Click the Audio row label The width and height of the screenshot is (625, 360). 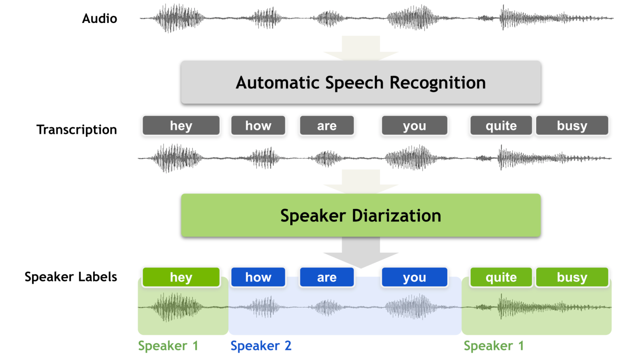coord(100,19)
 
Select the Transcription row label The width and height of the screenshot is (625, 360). coord(77,130)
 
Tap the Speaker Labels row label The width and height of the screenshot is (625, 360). coord(71,277)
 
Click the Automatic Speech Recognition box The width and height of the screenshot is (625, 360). coord(360,82)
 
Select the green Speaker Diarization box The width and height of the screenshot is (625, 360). coord(360,216)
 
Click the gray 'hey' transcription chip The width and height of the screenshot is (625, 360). coord(181,126)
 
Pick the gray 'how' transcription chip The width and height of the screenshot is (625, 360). coord(258,126)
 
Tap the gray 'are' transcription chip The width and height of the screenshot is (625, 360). coord(327,126)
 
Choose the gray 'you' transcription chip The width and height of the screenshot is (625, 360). coord(414,126)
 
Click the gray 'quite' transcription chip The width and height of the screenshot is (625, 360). coord(501,126)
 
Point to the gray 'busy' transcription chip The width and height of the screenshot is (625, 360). coord(572,126)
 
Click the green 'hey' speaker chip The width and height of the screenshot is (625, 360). coord(181,277)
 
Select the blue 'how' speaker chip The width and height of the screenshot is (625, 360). coord(258,277)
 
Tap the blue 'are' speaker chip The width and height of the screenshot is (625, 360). coord(327,277)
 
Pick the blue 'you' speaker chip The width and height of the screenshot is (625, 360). coord(414,277)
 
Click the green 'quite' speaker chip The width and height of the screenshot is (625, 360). coord(501,277)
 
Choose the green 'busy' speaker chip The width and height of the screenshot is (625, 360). coord(572,277)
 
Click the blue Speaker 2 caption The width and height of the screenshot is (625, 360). coord(261,346)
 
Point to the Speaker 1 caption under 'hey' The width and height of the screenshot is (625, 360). coord(168,346)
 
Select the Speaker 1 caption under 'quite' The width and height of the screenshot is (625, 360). coord(494,346)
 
